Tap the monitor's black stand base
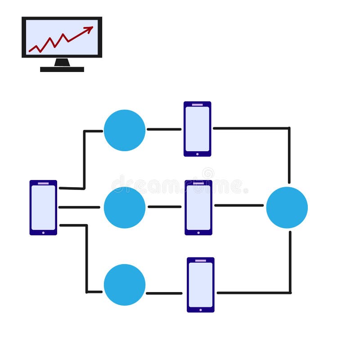point(62,69)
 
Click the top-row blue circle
point(125,130)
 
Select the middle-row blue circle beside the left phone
point(125,207)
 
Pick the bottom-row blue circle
point(125,285)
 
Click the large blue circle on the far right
point(287,207)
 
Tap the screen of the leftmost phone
point(43,207)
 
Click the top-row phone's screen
point(197,129)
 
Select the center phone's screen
point(198,207)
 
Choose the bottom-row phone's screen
point(201,284)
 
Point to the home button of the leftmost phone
point(43,233)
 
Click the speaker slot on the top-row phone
point(197,104)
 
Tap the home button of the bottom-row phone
point(201,310)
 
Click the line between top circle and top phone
point(164,129)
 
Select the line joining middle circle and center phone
point(164,207)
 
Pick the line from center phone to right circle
point(238,205)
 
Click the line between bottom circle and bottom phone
point(164,293)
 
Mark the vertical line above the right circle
point(289,155)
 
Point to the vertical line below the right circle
point(290,261)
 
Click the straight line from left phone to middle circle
point(79,207)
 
